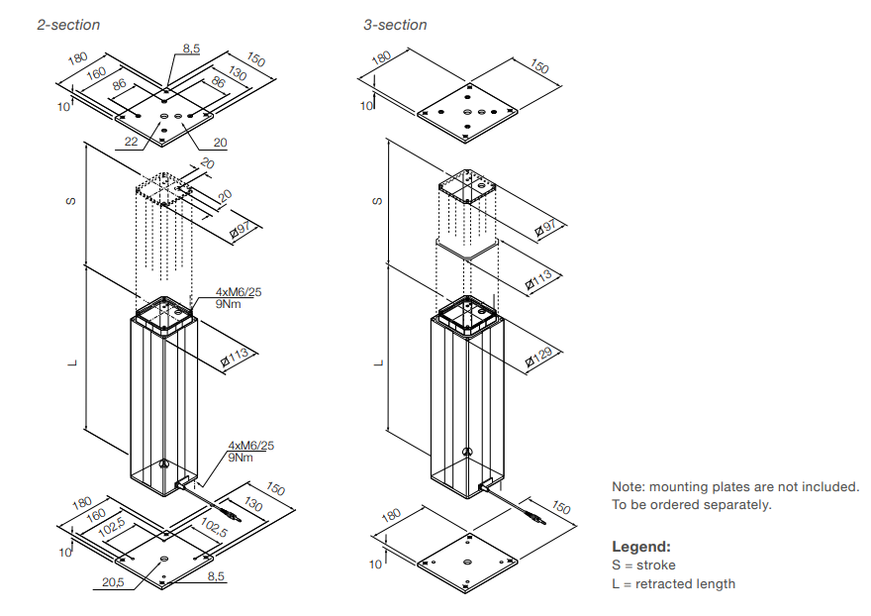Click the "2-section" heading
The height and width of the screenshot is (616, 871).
point(68,24)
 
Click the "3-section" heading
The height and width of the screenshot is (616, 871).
point(395,24)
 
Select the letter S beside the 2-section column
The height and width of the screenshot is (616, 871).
point(71,201)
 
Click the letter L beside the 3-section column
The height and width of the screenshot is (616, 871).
point(377,362)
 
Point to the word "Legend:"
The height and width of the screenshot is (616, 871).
point(640,547)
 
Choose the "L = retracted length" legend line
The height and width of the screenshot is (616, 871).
point(673,583)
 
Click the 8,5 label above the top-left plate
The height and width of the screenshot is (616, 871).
point(192,48)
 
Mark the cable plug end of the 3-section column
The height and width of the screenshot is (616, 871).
point(541,519)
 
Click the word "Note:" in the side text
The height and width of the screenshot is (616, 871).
point(628,486)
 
